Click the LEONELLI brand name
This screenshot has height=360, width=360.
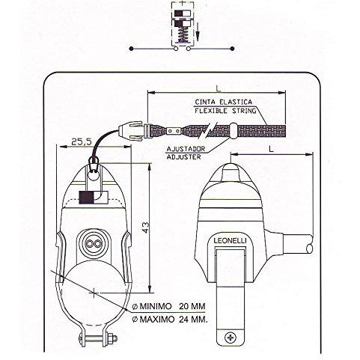pos(230,240)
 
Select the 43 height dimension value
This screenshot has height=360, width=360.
pos(145,228)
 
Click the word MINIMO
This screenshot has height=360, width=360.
pos(156,306)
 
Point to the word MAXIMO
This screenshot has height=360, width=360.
pos(157,319)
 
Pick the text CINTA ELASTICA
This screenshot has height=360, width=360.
pos(224,102)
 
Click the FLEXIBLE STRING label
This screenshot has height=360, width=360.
pos(225,111)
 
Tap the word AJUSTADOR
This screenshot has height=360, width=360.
pos(186,149)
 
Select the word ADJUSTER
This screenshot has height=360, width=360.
pos(183,157)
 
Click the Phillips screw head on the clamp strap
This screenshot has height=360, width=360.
pos(231,338)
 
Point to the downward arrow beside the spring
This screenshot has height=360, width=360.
pos(198,31)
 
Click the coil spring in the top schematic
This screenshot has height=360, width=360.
pos(183,36)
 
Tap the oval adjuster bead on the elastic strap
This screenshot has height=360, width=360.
pos(234,130)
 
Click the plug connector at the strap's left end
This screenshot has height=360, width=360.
pos(131,132)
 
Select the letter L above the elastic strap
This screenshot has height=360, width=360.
pos(219,88)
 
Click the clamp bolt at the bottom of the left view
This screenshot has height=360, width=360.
pos(98,338)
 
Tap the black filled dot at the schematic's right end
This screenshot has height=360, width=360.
pos(232,49)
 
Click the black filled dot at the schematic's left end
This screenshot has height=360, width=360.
pos(131,49)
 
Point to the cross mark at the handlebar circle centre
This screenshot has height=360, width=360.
pos(94,292)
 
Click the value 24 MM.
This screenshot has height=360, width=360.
pos(193,319)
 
